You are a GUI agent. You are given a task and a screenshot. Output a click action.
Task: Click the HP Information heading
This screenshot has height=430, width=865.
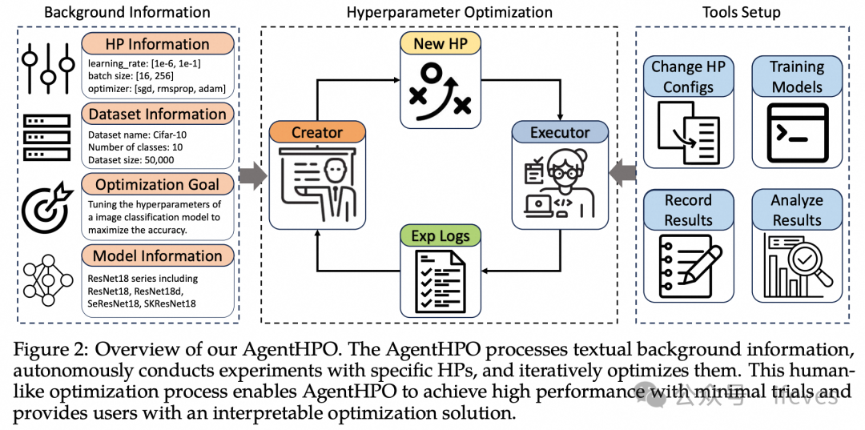click(x=158, y=44)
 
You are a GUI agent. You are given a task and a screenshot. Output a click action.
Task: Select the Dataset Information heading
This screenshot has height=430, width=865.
click(x=158, y=115)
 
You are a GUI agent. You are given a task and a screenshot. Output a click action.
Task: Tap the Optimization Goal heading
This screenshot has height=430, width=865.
click(x=158, y=185)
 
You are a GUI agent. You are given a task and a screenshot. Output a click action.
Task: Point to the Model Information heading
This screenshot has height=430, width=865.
click(x=158, y=256)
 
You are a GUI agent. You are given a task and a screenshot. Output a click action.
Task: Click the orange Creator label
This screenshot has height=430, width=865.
click(x=317, y=132)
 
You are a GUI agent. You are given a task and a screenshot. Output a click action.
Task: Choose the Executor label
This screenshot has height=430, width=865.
click(x=560, y=132)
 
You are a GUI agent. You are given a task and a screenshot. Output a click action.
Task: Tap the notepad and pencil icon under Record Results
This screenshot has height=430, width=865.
click(x=688, y=264)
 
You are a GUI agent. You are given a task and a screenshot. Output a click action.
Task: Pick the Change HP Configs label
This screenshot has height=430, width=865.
click(x=688, y=77)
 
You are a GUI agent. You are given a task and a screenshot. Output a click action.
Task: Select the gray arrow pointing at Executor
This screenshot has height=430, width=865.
click(x=622, y=171)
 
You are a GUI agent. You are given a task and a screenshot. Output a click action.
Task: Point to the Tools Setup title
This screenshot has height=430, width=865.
click(x=741, y=12)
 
